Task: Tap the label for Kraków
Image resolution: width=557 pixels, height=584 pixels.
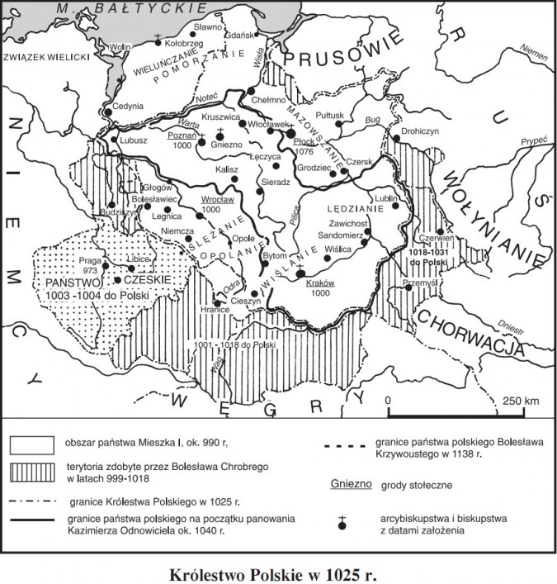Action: [318, 283]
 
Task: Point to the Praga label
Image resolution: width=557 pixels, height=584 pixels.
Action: [89, 260]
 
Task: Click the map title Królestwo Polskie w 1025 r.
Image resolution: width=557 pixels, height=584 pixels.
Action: [278, 571]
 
